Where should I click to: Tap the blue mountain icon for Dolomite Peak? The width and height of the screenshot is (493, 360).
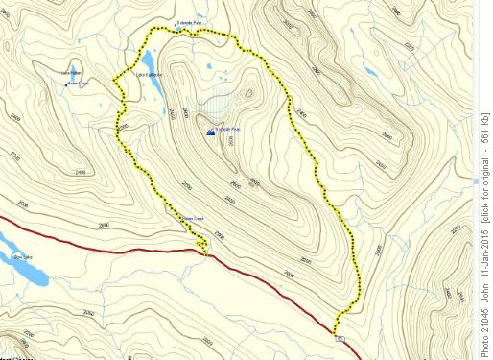tap(210, 132)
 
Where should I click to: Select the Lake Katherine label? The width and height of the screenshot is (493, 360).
tap(150, 75)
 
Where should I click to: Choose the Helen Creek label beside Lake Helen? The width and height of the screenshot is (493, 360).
tap(77, 83)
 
